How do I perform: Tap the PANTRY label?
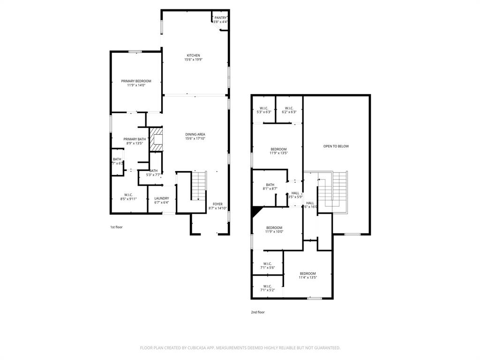tap(220, 18)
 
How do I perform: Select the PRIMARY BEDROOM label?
tap(136, 81)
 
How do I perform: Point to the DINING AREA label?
tap(195, 135)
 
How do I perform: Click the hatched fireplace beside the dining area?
tap(156, 139)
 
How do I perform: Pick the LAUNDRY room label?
tap(161, 199)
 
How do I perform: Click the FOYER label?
tap(217, 204)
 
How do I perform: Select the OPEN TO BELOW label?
tap(336, 146)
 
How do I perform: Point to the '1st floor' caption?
tap(116, 227)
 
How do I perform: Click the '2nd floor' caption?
tap(258, 312)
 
